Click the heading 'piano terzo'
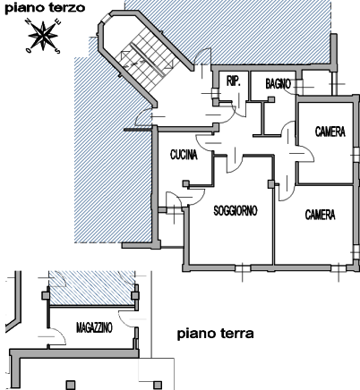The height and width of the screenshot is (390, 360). point(45,8)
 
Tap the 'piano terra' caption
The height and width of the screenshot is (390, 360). point(216,334)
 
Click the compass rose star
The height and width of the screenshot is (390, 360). point(43,36)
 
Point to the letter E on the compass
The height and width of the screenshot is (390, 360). point(58,21)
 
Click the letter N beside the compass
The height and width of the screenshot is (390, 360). point(29,21)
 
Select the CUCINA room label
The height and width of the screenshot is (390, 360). point(184,155)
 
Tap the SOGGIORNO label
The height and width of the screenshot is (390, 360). point(236,210)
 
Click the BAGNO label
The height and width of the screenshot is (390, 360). point(278,84)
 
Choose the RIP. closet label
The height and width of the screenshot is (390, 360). point(234,81)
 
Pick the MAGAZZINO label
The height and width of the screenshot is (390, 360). point(94,327)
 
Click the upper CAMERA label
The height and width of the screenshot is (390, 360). point(330,131)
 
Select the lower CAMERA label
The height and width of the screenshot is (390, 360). point(320,215)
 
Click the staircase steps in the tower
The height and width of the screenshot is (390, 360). point(148,60)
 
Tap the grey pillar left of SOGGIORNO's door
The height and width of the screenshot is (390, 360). point(186,183)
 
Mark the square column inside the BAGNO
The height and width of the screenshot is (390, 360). point(271,99)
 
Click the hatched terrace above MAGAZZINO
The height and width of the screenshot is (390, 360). point(92,288)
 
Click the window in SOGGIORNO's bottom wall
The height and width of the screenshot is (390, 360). point(243,268)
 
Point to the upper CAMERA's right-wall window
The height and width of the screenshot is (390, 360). point(356,155)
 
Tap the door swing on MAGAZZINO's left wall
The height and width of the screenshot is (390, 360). point(56,336)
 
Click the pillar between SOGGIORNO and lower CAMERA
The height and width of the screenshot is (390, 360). point(271,184)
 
